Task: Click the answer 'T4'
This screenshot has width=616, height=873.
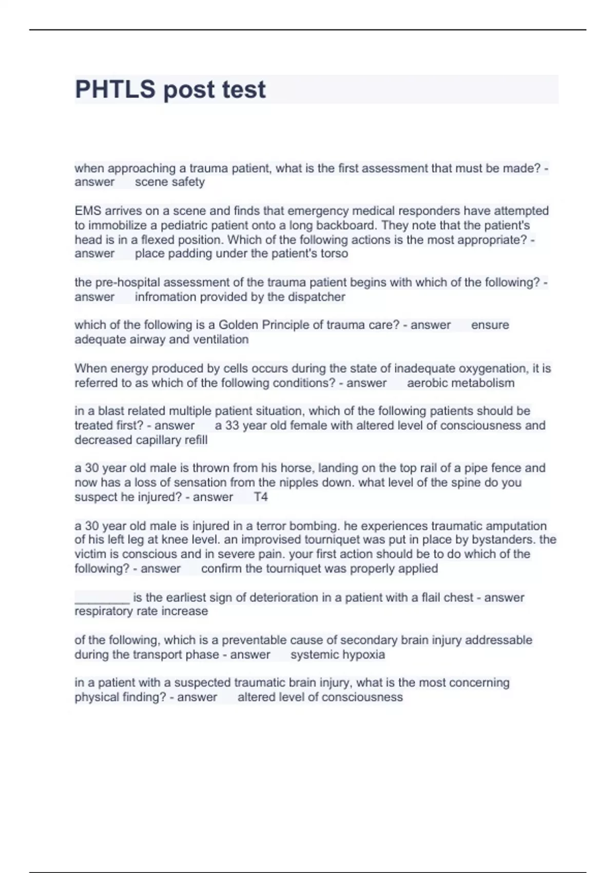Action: pos(261,497)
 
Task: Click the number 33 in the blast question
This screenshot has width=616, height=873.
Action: pos(232,426)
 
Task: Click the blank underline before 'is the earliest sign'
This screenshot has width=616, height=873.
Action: pos(102,598)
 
